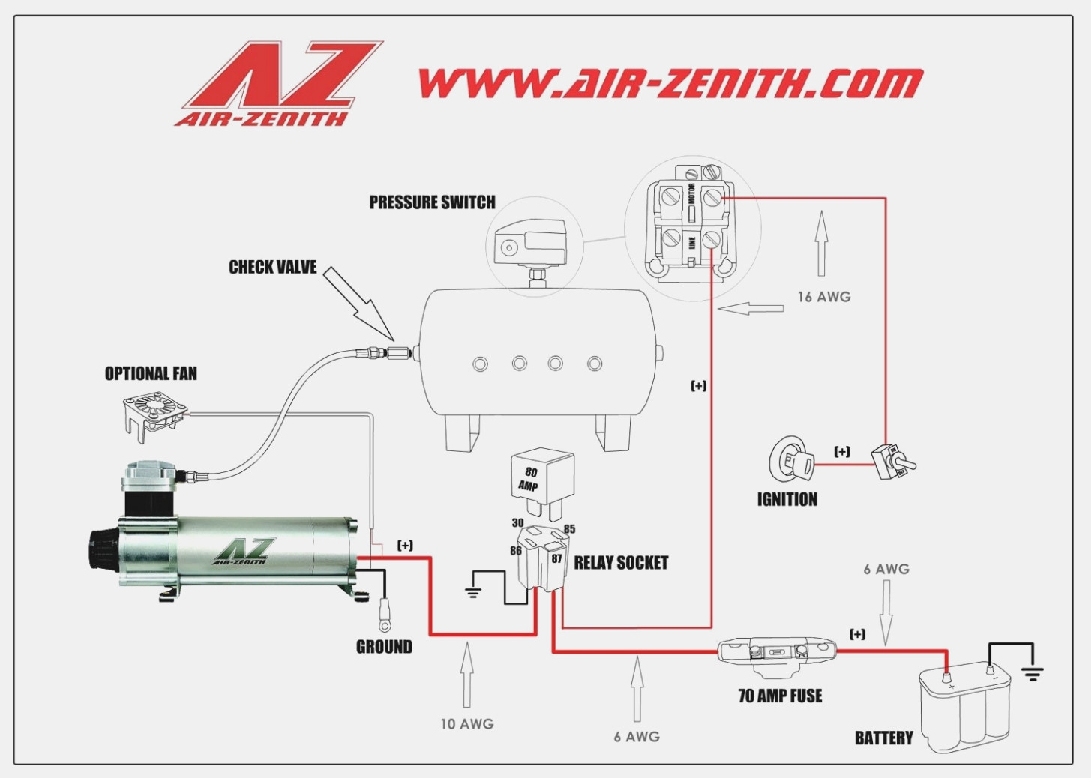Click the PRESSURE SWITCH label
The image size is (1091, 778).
432,202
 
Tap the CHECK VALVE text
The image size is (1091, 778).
272,268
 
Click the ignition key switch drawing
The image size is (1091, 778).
790,459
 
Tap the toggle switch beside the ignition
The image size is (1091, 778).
892,462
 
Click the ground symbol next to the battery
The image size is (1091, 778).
1033,672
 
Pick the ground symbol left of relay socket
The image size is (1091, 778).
472,591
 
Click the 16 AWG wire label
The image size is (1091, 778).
823,297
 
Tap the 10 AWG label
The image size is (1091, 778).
466,724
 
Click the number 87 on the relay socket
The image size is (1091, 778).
556,558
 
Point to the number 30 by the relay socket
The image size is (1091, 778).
517,523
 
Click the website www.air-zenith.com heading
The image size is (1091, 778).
670,82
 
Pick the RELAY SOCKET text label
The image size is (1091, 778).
621,563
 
